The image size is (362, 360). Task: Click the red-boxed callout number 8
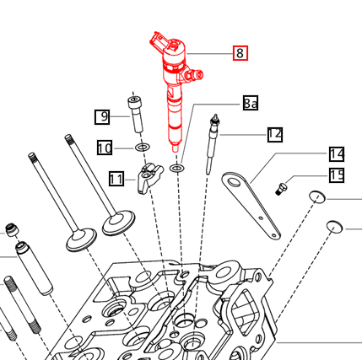(x=240, y=52)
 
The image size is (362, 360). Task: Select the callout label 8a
(x=251, y=104)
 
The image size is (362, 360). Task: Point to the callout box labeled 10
(x=105, y=148)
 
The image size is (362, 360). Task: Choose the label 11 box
(x=117, y=178)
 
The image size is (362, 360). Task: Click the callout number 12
(x=274, y=134)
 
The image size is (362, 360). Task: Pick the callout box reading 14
(x=337, y=153)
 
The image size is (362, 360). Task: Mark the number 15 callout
(x=337, y=175)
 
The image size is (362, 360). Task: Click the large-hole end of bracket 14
(x=234, y=179)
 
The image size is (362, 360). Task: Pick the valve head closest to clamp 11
(x=119, y=223)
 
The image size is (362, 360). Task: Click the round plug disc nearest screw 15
(x=316, y=197)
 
